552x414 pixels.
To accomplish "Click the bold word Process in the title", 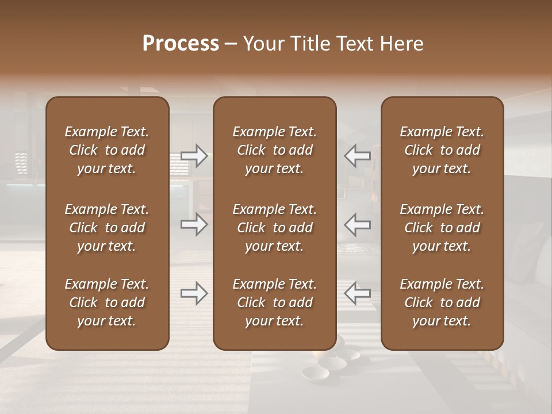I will (x=181, y=44).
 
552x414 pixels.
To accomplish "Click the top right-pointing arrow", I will (x=194, y=156).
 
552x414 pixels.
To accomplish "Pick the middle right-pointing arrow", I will (x=194, y=224).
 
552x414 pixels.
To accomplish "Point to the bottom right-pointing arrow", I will (x=194, y=294).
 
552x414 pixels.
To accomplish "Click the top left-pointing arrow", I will (x=357, y=156).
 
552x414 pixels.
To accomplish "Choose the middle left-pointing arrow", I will (x=357, y=224).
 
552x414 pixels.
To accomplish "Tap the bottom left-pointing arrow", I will (x=357, y=294).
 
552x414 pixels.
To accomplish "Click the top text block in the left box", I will (x=107, y=150).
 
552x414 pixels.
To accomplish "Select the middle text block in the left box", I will (x=107, y=228).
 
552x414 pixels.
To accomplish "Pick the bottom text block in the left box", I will (x=107, y=302).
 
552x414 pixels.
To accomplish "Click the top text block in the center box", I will (x=275, y=150).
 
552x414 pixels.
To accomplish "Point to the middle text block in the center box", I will (x=275, y=228).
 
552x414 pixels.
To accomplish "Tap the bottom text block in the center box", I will (x=275, y=302).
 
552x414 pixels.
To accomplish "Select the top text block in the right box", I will (x=442, y=150).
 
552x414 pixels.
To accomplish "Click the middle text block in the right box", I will (x=442, y=228).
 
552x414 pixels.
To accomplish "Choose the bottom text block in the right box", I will (x=442, y=302).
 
